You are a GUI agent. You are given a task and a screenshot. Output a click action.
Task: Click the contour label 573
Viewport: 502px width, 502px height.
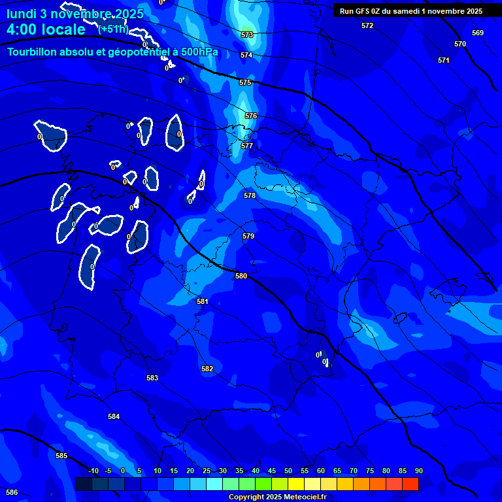[x=246, y=35]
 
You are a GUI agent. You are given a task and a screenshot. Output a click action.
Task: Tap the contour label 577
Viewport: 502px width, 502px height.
[x=246, y=146]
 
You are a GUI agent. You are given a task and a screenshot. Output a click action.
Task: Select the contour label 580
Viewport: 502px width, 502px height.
[x=241, y=276]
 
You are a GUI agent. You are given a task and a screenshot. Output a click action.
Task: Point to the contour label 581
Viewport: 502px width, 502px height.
[x=202, y=301]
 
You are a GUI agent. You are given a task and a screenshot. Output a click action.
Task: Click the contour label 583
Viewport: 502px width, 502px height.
[x=152, y=378]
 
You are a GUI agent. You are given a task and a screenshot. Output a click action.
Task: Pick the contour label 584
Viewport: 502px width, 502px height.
[x=114, y=416]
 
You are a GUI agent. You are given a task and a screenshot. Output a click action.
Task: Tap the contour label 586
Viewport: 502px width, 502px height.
[x=12, y=492]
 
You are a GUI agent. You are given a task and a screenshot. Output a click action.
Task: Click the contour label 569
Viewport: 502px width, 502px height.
[x=478, y=33]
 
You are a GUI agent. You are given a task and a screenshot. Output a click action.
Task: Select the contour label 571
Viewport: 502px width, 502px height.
[x=444, y=60]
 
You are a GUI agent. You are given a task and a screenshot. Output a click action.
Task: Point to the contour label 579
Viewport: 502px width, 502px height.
[x=248, y=236]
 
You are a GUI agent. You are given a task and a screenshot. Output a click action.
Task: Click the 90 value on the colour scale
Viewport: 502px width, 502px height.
[x=418, y=471]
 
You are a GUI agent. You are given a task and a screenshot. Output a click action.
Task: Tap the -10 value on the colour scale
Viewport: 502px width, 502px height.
[x=93, y=471]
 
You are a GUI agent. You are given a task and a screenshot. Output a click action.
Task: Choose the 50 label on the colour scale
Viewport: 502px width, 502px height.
[x=288, y=471]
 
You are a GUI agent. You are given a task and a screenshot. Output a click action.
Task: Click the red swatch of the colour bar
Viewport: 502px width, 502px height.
[x=410, y=484]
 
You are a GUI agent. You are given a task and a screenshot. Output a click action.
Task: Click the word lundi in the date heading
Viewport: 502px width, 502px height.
[x=21, y=13]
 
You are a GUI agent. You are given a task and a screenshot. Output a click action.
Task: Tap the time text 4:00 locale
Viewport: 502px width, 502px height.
[x=46, y=29]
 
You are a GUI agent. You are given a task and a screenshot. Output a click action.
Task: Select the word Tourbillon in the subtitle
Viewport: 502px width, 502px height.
[x=33, y=52]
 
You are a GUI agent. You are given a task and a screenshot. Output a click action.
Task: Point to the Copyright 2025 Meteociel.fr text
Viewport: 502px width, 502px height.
[x=277, y=497]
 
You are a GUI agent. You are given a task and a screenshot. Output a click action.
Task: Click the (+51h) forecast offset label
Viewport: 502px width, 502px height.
[x=112, y=29]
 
